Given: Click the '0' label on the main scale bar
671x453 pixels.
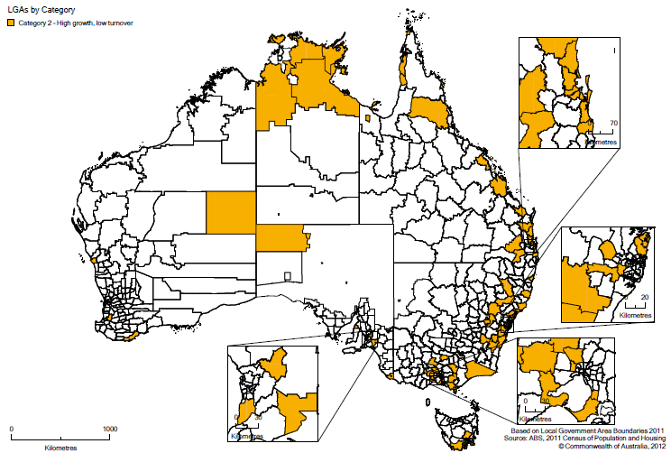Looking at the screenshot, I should pos(11,429).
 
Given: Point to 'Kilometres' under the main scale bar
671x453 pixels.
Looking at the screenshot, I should pos(60,446).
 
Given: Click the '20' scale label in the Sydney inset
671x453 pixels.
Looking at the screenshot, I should pos(644,297).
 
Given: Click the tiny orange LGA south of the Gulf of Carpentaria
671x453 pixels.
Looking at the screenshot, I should pos(369,117).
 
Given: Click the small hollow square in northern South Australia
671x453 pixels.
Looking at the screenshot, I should pos(288,275).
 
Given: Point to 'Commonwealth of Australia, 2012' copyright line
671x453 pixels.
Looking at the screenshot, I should pos(611,446).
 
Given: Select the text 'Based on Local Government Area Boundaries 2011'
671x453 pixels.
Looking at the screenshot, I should pos(587,431).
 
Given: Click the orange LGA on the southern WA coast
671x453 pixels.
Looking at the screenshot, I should pos(133,334).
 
